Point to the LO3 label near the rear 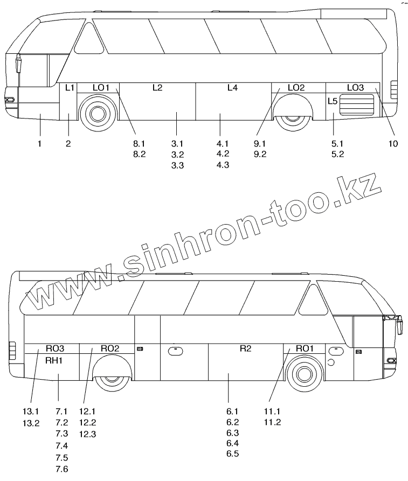(355, 87)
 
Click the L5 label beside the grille (333, 101)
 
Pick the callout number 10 (392, 143)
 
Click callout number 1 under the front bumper (40, 143)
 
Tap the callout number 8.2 (139, 154)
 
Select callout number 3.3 (178, 165)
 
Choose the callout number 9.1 (260, 143)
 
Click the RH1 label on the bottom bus (54, 360)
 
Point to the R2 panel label (245, 348)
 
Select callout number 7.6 (62, 469)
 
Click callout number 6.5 (233, 454)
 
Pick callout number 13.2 (31, 423)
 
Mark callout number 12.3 (87, 434)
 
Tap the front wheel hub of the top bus (97, 113)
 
